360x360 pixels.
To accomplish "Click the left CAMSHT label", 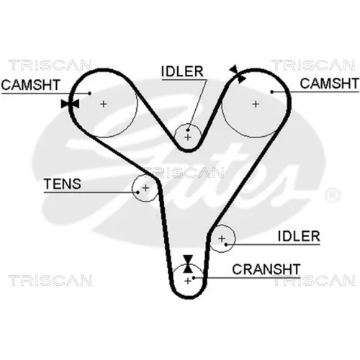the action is click(30, 85).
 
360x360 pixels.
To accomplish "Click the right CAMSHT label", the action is click(329, 84).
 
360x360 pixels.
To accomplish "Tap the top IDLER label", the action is click(182, 71).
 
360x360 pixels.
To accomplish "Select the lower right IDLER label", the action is click(299, 236).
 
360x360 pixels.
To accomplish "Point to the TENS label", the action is click(63, 184).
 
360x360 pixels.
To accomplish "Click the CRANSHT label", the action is click(266, 269).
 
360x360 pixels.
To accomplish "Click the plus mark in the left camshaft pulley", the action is click(104, 104).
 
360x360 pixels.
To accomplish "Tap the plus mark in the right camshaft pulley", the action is click(256, 104).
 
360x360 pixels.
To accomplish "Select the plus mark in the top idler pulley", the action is click(188, 138).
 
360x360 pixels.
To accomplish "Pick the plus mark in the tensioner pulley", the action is click(145, 188).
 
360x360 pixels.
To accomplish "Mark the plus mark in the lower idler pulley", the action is click(222, 238).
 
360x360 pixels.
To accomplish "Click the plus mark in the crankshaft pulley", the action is click(188, 281).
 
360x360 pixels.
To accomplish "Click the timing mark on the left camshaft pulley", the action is click(70, 104).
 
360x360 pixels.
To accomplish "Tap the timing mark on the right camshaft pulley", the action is click(238, 74).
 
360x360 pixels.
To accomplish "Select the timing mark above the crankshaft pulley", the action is click(188, 264).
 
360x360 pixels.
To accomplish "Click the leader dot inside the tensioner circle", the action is click(138, 192).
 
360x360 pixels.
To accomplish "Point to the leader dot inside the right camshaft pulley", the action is click(272, 91).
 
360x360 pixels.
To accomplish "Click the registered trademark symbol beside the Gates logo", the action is click(333, 195).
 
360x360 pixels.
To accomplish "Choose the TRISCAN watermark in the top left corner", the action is click(50, 65).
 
